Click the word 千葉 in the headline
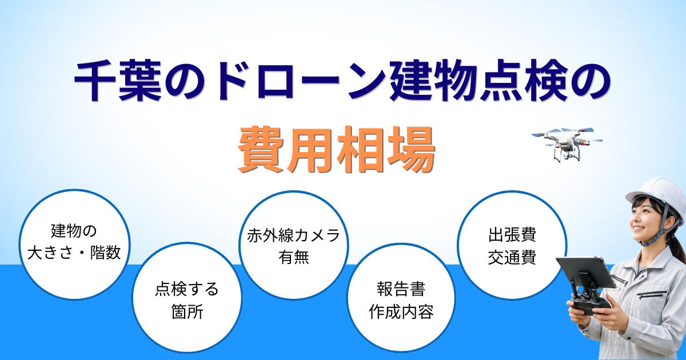118,82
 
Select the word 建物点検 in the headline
474,82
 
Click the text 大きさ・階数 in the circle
74,253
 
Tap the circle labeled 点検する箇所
187,297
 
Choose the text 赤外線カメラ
293,236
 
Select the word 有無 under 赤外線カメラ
294,257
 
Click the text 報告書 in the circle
401,289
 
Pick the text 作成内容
401,312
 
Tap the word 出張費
512,235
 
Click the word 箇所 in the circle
187,312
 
